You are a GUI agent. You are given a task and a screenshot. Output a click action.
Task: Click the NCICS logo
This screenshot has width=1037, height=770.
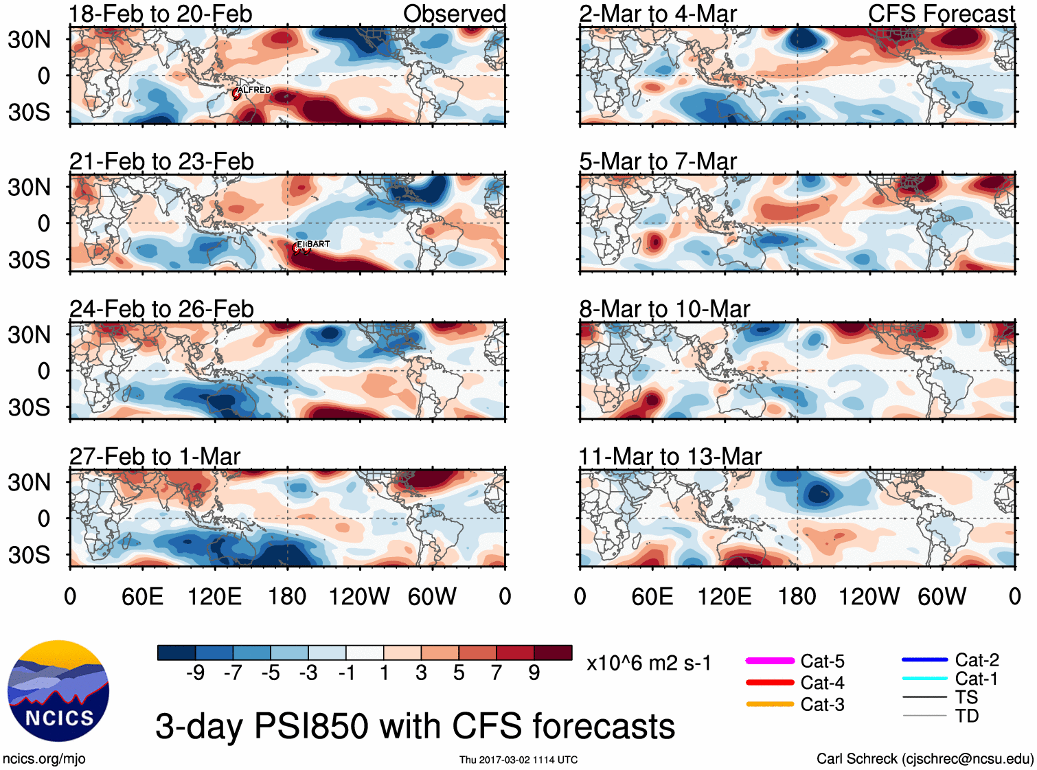(58, 690)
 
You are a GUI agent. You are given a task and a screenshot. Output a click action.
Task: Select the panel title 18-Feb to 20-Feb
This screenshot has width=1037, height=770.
(161, 14)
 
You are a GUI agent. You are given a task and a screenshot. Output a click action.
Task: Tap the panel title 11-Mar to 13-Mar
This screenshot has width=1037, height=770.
(670, 456)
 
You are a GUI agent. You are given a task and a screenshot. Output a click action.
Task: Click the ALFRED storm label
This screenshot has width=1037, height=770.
(254, 90)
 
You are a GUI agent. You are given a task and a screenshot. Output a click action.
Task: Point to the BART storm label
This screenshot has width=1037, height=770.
(317, 244)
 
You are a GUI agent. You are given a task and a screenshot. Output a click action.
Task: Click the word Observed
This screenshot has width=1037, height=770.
(454, 14)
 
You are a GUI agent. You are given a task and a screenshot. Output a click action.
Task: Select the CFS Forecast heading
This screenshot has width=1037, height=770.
(941, 14)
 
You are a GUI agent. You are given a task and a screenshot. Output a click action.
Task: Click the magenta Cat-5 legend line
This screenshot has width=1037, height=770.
(769, 661)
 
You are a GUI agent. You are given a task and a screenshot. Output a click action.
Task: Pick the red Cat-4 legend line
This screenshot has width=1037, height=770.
(769, 683)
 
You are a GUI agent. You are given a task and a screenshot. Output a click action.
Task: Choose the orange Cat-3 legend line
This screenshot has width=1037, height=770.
(769, 704)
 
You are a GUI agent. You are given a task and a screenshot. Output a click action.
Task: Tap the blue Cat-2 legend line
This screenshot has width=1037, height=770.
(924, 660)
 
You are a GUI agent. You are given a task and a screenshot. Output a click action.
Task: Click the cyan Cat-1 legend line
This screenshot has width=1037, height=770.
(924, 679)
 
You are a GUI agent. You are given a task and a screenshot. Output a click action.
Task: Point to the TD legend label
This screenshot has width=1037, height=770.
(967, 716)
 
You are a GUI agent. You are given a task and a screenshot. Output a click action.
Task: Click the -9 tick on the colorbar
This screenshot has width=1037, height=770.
(196, 672)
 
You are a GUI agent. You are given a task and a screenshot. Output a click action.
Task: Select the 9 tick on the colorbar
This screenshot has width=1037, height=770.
(534, 672)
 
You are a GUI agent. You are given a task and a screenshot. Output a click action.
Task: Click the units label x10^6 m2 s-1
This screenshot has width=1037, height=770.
(648, 664)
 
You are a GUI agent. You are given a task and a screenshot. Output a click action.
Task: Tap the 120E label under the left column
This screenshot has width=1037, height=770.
(214, 596)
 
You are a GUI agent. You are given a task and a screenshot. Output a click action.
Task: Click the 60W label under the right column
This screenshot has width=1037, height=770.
(942, 596)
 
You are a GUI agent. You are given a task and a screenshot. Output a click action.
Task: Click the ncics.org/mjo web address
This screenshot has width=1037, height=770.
(44, 758)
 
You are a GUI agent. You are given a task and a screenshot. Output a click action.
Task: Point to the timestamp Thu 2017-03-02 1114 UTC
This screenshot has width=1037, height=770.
(518, 760)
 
